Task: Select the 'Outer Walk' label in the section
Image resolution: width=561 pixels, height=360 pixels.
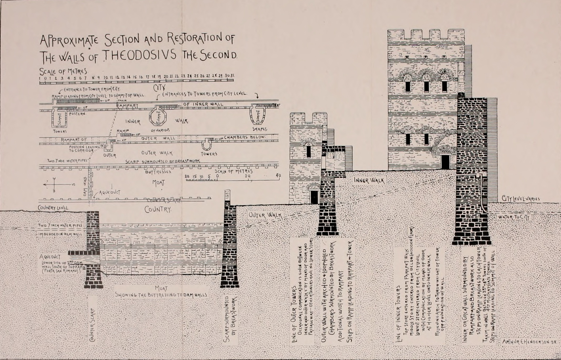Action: click(x=265, y=215)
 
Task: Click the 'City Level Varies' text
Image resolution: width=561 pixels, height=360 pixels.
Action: click(x=521, y=199)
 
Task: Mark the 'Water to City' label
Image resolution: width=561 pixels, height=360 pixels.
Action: click(x=513, y=217)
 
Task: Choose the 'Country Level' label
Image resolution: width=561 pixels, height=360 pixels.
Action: click(x=53, y=208)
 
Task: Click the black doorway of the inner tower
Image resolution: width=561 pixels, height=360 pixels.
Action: click(x=445, y=162)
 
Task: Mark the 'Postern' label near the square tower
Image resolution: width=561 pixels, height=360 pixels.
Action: click(x=77, y=114)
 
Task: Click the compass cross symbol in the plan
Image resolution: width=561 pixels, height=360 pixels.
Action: click(x=54, y=184)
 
